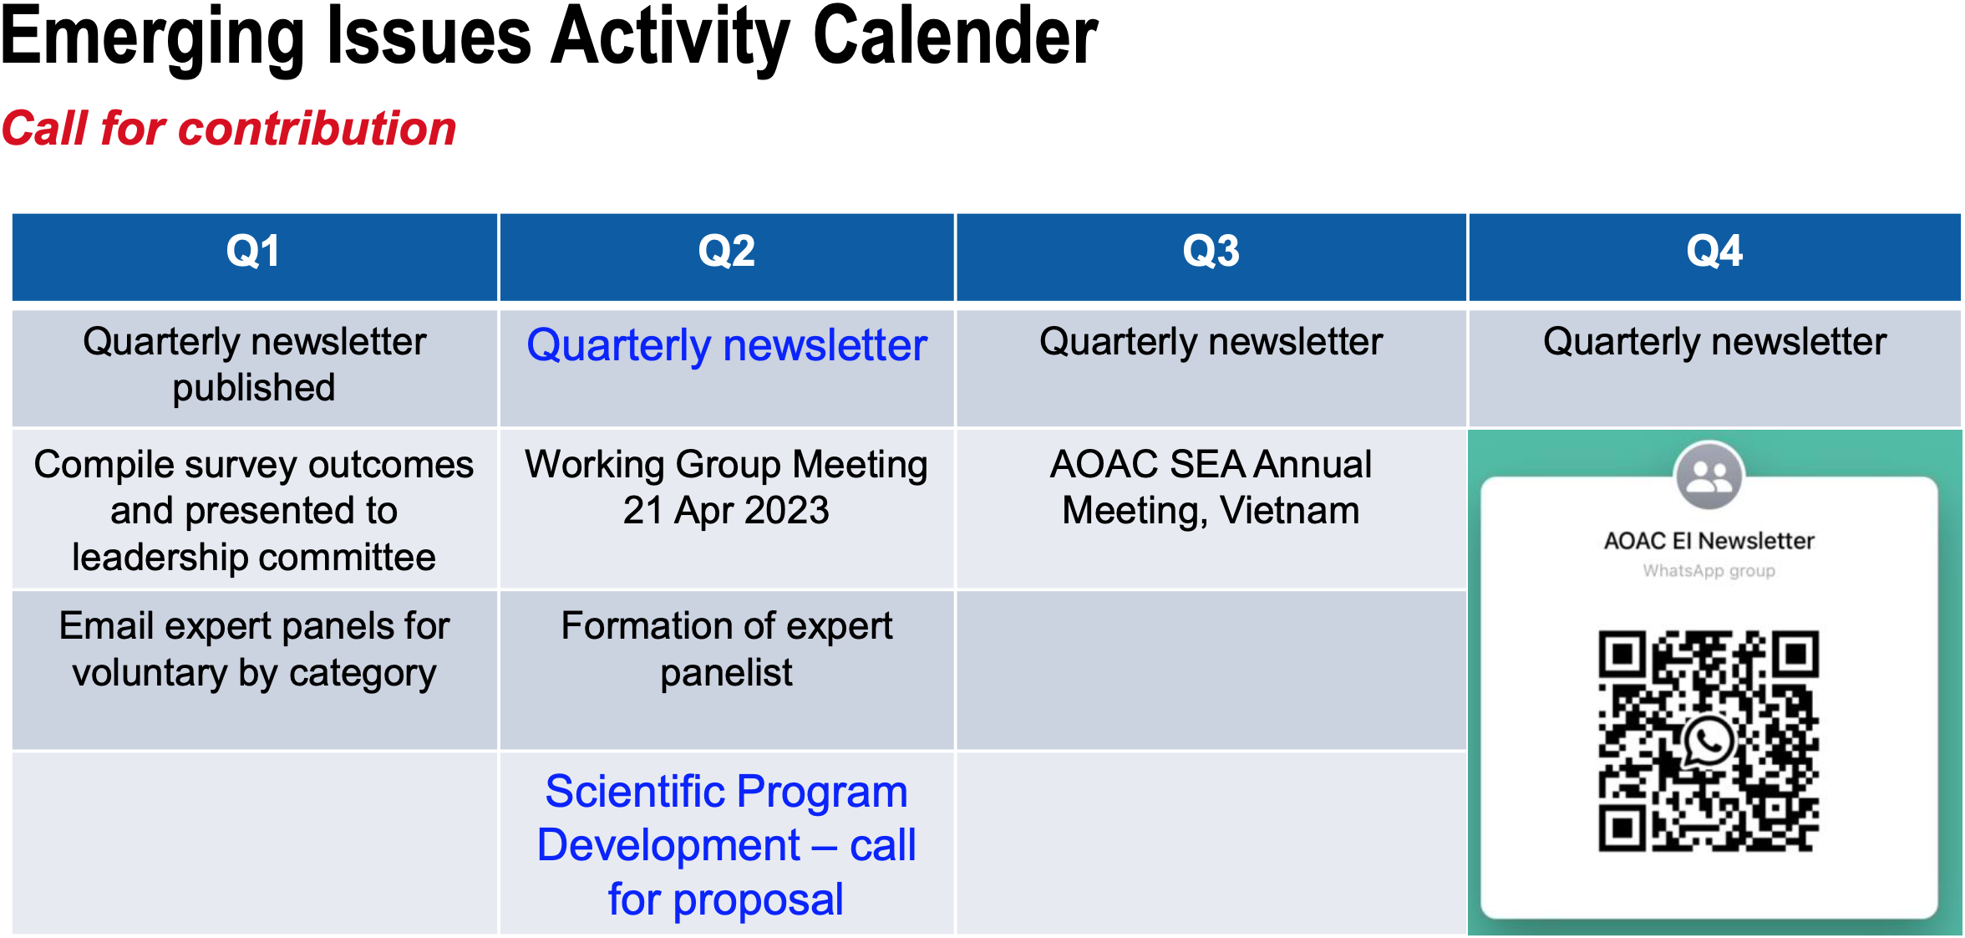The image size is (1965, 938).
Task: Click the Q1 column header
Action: point(254,256)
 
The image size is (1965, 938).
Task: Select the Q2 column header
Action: point(727,256)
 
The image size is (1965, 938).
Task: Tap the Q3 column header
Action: point(1211,256)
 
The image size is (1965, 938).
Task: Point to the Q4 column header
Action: point(1714,256)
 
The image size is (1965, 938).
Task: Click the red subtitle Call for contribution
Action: point(229,129)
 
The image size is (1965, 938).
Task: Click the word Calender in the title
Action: point(956,37)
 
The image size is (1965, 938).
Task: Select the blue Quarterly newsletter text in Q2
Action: point(727,345)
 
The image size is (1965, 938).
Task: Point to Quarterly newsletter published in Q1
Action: point(254,364)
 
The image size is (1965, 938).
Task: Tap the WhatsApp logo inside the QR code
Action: point(1709,741)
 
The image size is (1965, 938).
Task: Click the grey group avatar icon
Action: point(1709,476)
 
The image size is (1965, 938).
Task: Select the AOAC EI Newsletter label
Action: point(1709,541)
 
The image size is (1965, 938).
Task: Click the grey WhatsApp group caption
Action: point(1709,571)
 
